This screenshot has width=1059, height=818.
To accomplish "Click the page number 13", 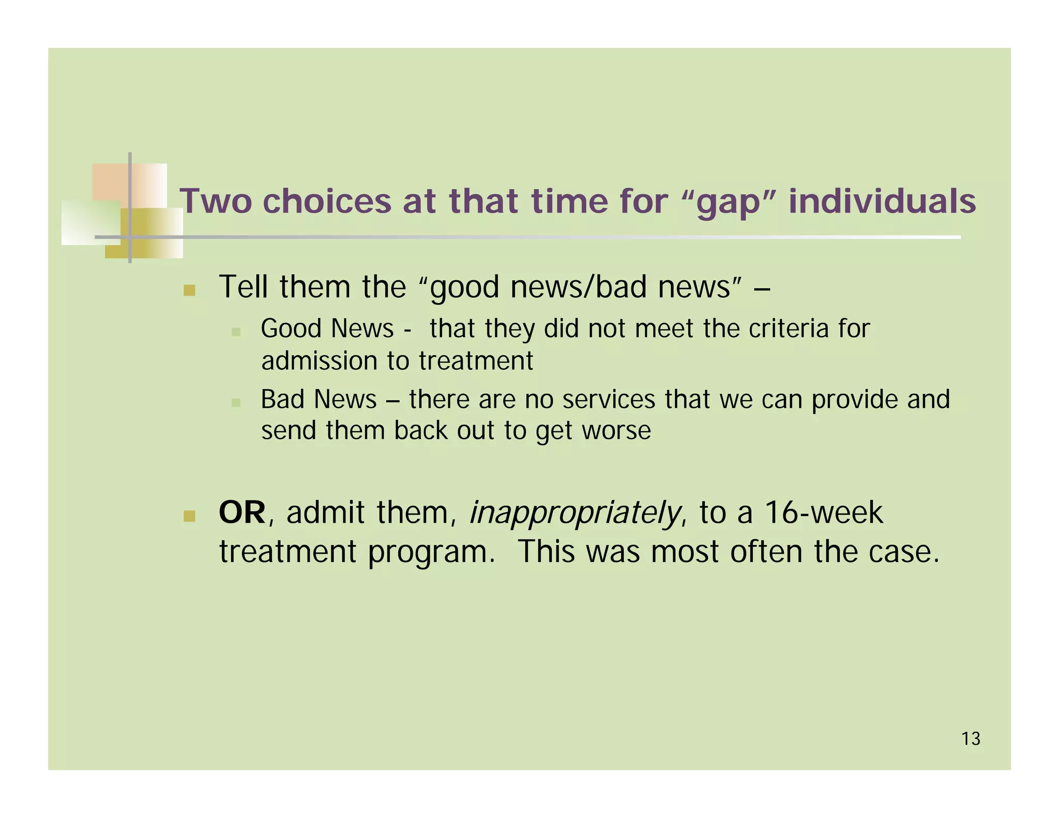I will [x=971, y=739].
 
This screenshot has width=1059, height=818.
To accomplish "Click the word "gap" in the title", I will [x=729, y=203].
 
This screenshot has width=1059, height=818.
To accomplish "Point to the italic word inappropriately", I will [x=574, y=514].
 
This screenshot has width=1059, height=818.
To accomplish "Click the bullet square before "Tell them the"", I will [x=189, y=290].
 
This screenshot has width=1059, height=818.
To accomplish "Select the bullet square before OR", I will [x=189, y=516].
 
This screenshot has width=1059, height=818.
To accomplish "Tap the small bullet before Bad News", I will [x=236, y=402].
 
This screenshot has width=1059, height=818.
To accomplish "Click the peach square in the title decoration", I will [x=111, y=181].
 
